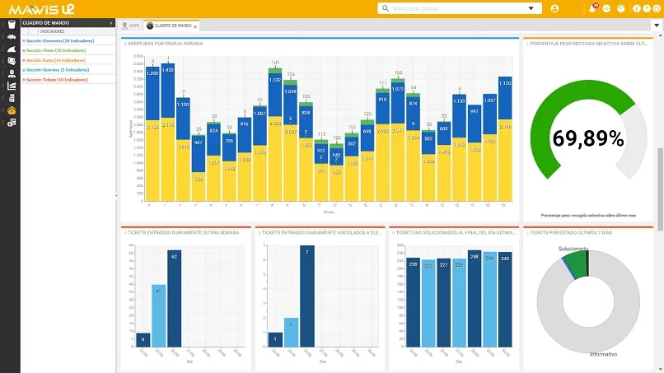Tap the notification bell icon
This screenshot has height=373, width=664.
tap(592, 9)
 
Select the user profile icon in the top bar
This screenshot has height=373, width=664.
tap(554, 9)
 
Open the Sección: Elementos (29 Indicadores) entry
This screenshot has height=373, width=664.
tap(58, 40)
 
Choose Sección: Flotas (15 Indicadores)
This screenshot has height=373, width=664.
tap(54, 50)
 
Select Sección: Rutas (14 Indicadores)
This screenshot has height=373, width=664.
tap(54, 60)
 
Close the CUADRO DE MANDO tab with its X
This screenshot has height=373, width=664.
tap(195, 26)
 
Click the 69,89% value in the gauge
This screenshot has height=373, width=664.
tap(587, 138)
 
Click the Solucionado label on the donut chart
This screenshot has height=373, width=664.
tap(573, 248)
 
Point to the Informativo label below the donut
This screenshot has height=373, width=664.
tap(604, 354)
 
